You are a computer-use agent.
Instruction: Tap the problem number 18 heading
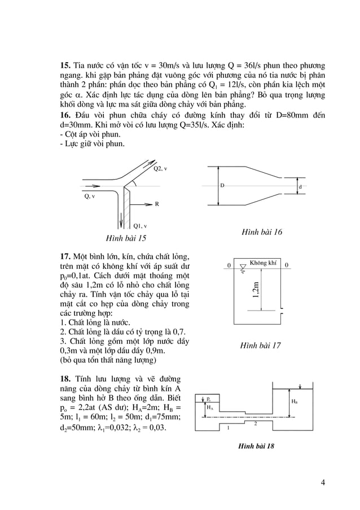tap(65, 377)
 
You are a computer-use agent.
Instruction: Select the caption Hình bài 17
tap(260, 345)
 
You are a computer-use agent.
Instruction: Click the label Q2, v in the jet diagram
tap(160, 169)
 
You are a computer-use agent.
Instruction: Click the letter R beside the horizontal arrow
tap(156, 206)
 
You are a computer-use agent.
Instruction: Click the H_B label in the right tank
tap(295, 401)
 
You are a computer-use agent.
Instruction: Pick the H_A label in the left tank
tap(209, 407)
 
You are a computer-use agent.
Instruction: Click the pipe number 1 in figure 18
tap(228, 428)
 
